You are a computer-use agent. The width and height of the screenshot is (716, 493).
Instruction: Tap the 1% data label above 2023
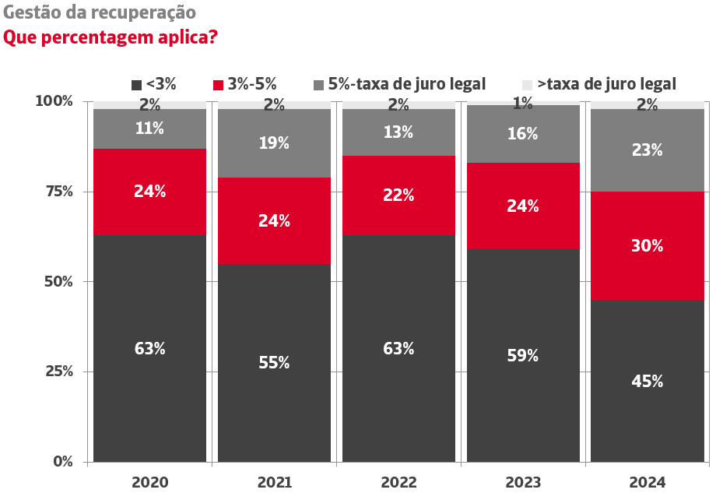tap(522, 102)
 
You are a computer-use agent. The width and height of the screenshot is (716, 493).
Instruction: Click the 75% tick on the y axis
tap(54, 192)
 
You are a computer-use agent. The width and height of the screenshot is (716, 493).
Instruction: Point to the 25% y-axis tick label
tap(54, 372)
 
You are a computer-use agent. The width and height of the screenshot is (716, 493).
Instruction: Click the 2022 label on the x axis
tap(398, 483)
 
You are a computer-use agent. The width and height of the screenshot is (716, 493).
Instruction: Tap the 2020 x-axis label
tap(149, 483)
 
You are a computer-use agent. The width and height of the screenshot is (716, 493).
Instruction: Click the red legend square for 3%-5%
tap(218, 85)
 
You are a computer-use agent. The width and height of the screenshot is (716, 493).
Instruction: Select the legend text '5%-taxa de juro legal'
tap(406, 84)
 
